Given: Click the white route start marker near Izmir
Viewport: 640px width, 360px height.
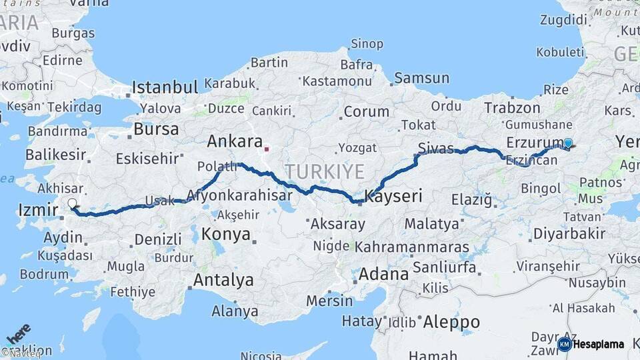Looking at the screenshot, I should point(72,203).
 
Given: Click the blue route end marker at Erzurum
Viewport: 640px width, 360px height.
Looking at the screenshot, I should point(568,142).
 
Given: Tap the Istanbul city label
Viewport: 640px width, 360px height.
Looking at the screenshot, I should point(165,87).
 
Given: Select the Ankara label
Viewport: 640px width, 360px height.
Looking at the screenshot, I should point(235,141).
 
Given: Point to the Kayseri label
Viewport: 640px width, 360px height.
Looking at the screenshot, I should point(394,196).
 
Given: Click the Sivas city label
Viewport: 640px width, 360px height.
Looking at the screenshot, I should point(436,148).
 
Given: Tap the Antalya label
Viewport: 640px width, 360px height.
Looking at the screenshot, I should point(223,280).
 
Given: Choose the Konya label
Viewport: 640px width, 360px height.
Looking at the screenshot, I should point(226,234).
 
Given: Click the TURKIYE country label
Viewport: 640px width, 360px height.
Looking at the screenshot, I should point(325,172).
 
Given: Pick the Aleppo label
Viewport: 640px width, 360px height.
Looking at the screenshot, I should point(451,323).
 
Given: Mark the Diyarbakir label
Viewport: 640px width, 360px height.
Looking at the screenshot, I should point(570,233).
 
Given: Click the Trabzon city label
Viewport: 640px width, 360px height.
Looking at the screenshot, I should point(512,107).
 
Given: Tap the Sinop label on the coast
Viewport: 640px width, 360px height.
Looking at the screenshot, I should point(367,44).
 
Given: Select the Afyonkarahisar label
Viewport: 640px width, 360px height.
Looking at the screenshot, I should point(240,195).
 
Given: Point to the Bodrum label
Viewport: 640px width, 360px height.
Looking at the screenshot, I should point(44,274).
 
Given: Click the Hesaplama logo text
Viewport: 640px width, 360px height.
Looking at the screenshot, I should point(599,344).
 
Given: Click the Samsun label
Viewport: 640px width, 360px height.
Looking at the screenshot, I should point(421,78).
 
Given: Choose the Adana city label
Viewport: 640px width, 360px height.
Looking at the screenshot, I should point(383,274).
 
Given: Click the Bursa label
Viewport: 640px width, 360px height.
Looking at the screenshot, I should point(156,129).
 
